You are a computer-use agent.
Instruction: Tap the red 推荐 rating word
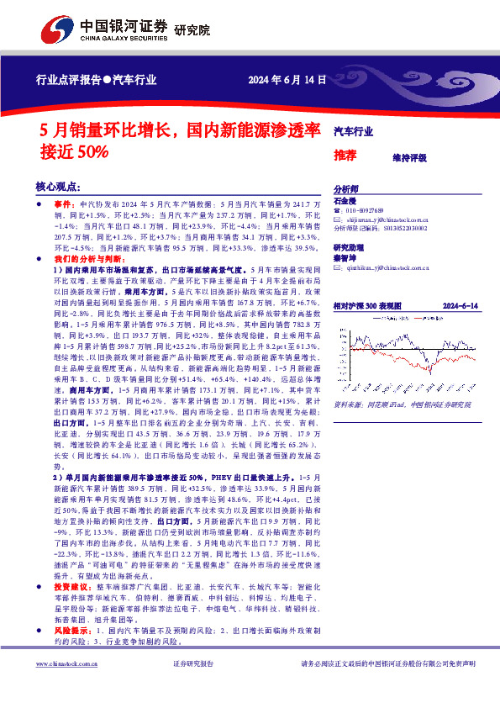coord(345,155)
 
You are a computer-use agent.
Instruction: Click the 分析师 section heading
coord(346,189)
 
